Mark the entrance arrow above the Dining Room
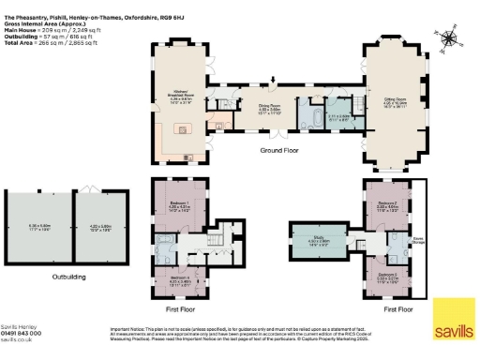click(x=274, y=81)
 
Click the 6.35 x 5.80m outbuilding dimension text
click(x=38, y=226)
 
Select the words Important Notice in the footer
click(x=128, y=329)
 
